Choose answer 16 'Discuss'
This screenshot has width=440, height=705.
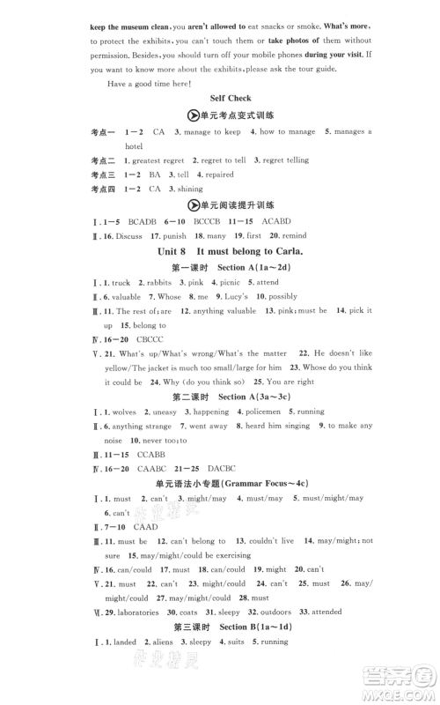(130, 236)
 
